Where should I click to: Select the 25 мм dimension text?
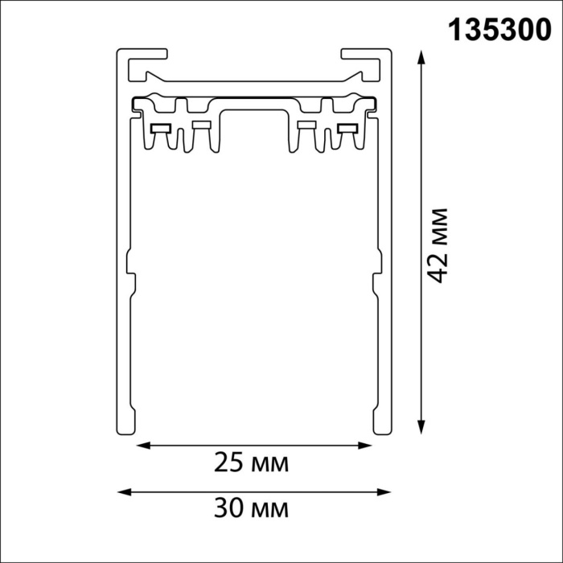point(251,463)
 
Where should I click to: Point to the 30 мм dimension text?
point(251,508)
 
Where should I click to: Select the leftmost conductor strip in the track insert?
point(159,128)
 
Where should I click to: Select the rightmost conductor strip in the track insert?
point(348,128)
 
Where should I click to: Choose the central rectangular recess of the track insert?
point(253,129)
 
